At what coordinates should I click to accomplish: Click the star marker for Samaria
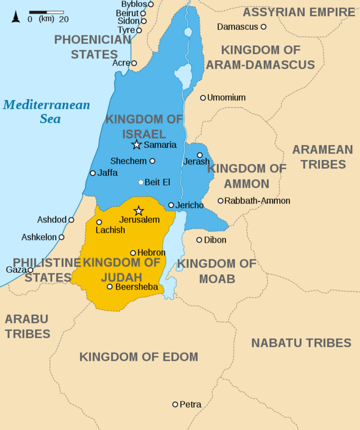coord(136,144)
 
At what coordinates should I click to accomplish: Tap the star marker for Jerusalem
coord(138,211)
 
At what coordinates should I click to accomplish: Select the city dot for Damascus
coord(264,27)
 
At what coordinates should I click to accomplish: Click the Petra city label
coord(190,405)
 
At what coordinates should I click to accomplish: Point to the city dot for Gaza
coord(30,270)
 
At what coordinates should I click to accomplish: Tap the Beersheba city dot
coord(109,287)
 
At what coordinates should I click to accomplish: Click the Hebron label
coord(151,253)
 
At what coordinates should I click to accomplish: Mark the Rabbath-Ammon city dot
coord(220,201)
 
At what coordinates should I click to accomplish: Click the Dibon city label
coord(215,240)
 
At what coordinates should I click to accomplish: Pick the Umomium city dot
coord(203,98)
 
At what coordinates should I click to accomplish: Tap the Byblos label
coord(134,5)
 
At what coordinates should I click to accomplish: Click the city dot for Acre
coord(134,63)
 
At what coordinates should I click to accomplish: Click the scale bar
coord(46,12)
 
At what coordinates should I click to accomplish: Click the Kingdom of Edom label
coord(139,357)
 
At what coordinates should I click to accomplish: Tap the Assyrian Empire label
coord(299,12)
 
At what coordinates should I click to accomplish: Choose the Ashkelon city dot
coord(61,237)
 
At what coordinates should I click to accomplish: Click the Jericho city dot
coord(171,205)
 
